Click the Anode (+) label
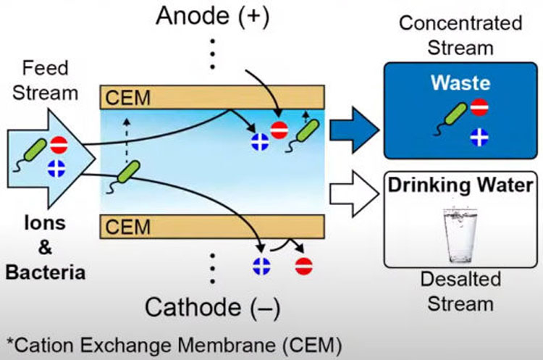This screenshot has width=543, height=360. point(211,17)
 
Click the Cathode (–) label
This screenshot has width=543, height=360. point(211,307)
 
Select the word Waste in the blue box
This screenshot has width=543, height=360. point(460,83)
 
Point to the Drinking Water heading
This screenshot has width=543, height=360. point(461,184)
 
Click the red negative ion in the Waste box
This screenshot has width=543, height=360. point(479,108)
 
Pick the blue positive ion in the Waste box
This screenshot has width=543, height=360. point(479,136)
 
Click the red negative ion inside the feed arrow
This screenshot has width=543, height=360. point(59,145)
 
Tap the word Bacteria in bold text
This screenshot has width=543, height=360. point(46,272)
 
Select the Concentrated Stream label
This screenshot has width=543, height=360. point(460,33)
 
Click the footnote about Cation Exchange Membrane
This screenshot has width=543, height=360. point(174,343)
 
